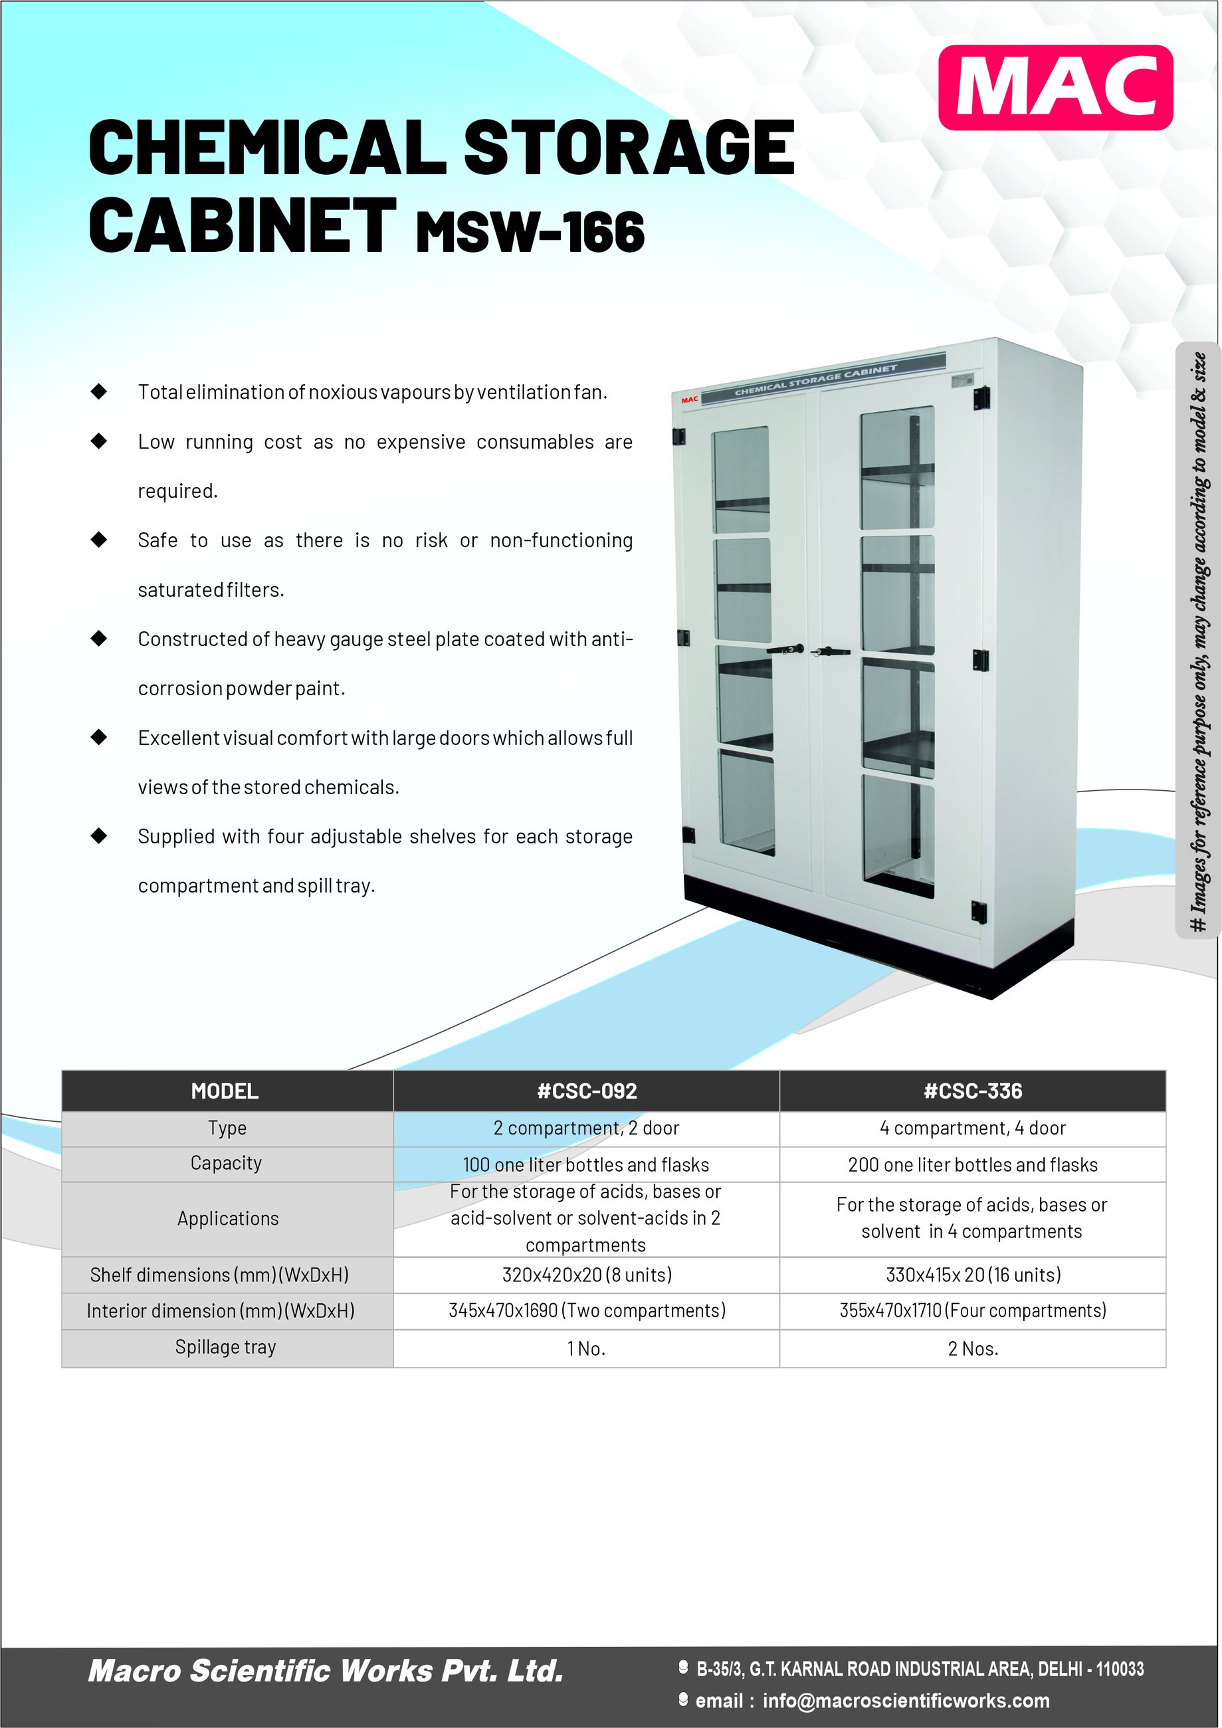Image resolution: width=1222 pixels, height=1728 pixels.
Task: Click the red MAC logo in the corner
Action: coord(1055,87)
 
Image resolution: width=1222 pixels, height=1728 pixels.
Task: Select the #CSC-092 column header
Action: coord(587,1091)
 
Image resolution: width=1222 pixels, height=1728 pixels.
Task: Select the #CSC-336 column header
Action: coord(973,1091)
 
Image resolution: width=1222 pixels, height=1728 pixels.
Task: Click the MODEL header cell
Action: coord(225,1091)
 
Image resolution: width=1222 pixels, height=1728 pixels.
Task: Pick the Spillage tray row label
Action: coord(226,1347)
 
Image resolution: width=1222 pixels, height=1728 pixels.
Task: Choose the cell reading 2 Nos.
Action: coord(973,1349)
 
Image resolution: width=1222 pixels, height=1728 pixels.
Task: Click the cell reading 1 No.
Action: coord(586,1349)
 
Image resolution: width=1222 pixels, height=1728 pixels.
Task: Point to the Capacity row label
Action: coord(226,1164)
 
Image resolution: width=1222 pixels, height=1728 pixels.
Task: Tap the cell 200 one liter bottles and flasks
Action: coord(973,1165)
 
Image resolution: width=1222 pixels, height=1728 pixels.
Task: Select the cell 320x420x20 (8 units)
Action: coord(587,1275)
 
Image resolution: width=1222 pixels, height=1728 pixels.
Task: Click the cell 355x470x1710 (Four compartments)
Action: coord(973,1311)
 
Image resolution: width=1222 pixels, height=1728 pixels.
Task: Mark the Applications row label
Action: coord(228,1218)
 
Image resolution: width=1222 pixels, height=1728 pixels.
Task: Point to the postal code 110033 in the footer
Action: coord(1120,1670)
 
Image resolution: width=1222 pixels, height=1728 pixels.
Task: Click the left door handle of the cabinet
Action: coord(786,649)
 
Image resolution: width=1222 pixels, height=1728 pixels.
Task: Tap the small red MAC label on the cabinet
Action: coord(689,399)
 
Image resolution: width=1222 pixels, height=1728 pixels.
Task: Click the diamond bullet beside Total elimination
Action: coord(98,391)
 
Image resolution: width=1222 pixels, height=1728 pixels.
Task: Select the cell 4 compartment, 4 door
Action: coord(973,1128)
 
